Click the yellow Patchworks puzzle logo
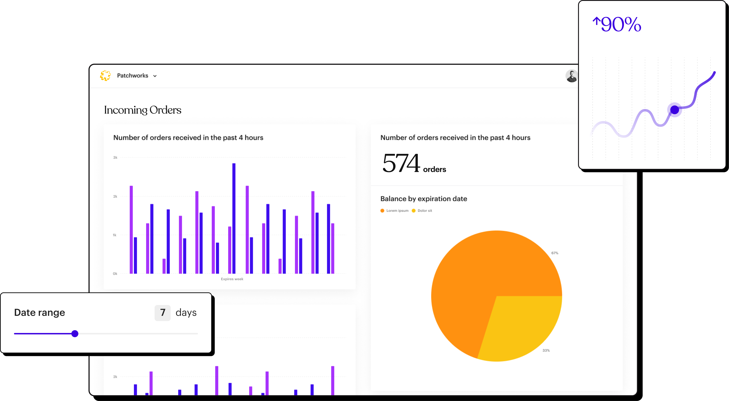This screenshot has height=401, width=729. (105, 75)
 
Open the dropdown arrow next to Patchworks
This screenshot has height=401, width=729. (155, 76)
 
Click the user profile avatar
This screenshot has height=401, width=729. (571, 76)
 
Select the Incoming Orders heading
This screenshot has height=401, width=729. (143, 110)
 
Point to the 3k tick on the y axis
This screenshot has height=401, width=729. (115, 158)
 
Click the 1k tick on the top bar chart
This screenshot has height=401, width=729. (115, 235)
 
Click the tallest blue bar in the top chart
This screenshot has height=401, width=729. (234, 218)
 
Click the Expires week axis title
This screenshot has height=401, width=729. (232, 279)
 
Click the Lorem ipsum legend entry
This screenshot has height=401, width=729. (395, 211)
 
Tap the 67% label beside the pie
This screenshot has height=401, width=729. (555, 253)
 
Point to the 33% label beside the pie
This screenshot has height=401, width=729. (546, 350)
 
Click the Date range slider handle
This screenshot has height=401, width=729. (75, 334)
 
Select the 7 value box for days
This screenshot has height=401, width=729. (162, 313)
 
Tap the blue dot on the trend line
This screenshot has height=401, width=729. (675, 110)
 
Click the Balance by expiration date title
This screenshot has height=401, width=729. (424, 199)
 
